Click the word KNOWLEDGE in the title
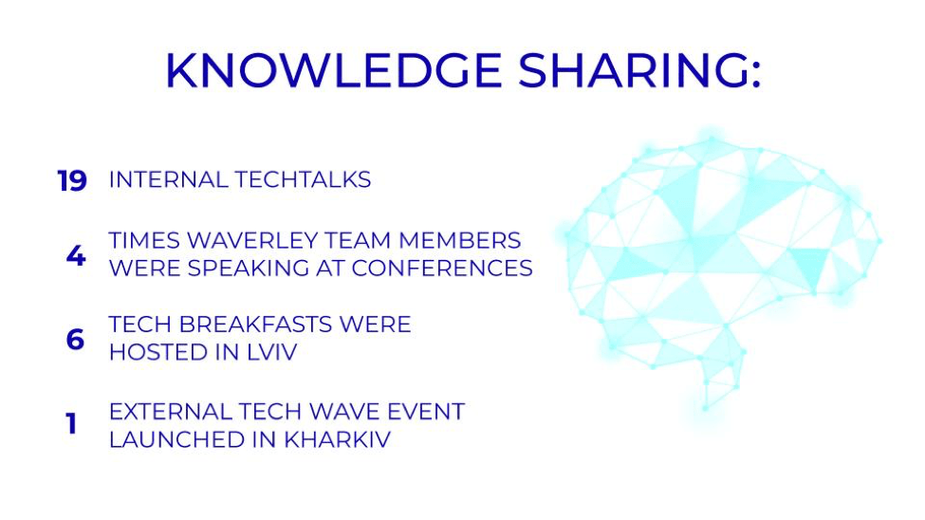[x=334, y=71]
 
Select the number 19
[x=72, y=180]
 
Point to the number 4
[x=76, y=255]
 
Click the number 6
[x=75, y=340]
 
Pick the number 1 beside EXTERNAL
[x=71, y=424]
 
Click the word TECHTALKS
[x=303, y=179]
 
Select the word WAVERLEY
[x=251, y=241]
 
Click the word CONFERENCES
[x=442, y=269]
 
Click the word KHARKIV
[x=337, y=439]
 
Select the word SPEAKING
[x=249, y=269]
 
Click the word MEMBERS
[x=459, y=241]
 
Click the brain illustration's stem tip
[x=706, y=408]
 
